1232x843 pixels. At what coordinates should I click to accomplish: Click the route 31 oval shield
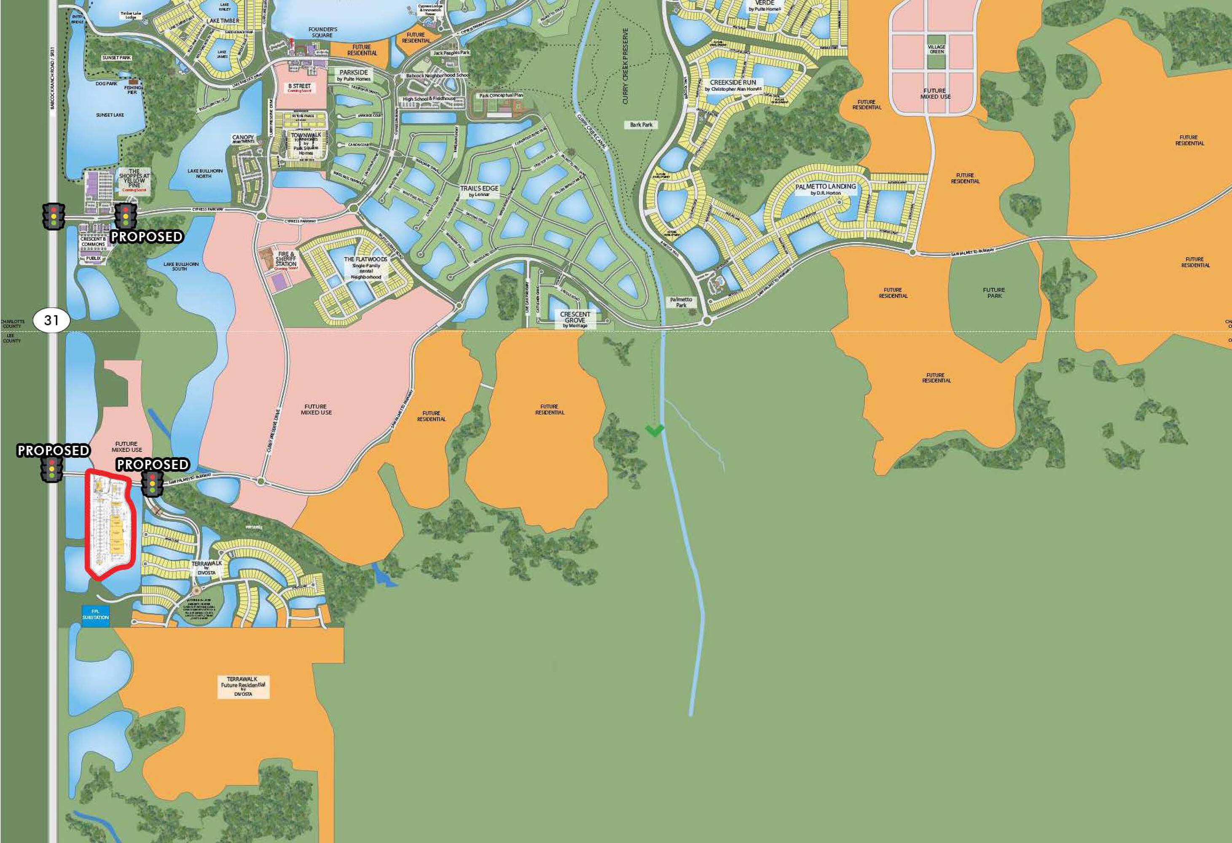51,320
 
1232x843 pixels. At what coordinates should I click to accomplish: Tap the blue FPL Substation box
95,615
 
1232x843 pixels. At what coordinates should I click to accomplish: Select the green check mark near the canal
655,430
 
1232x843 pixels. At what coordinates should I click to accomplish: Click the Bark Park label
641,125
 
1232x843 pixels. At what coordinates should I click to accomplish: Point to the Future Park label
994,293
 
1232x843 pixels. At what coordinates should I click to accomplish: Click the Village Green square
937,49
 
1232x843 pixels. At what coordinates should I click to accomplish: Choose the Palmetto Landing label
825,189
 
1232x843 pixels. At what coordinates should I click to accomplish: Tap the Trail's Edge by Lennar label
479,191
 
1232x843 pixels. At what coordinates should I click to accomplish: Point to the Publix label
93,258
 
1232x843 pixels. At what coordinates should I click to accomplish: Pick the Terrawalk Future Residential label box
243,686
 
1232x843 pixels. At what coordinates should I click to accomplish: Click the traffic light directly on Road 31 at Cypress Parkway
54,216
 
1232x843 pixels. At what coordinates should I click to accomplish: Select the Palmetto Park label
681,302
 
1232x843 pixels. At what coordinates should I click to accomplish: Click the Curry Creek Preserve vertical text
625,66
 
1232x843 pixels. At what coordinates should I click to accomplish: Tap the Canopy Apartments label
243,139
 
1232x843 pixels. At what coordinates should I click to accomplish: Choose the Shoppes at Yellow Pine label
134,180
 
